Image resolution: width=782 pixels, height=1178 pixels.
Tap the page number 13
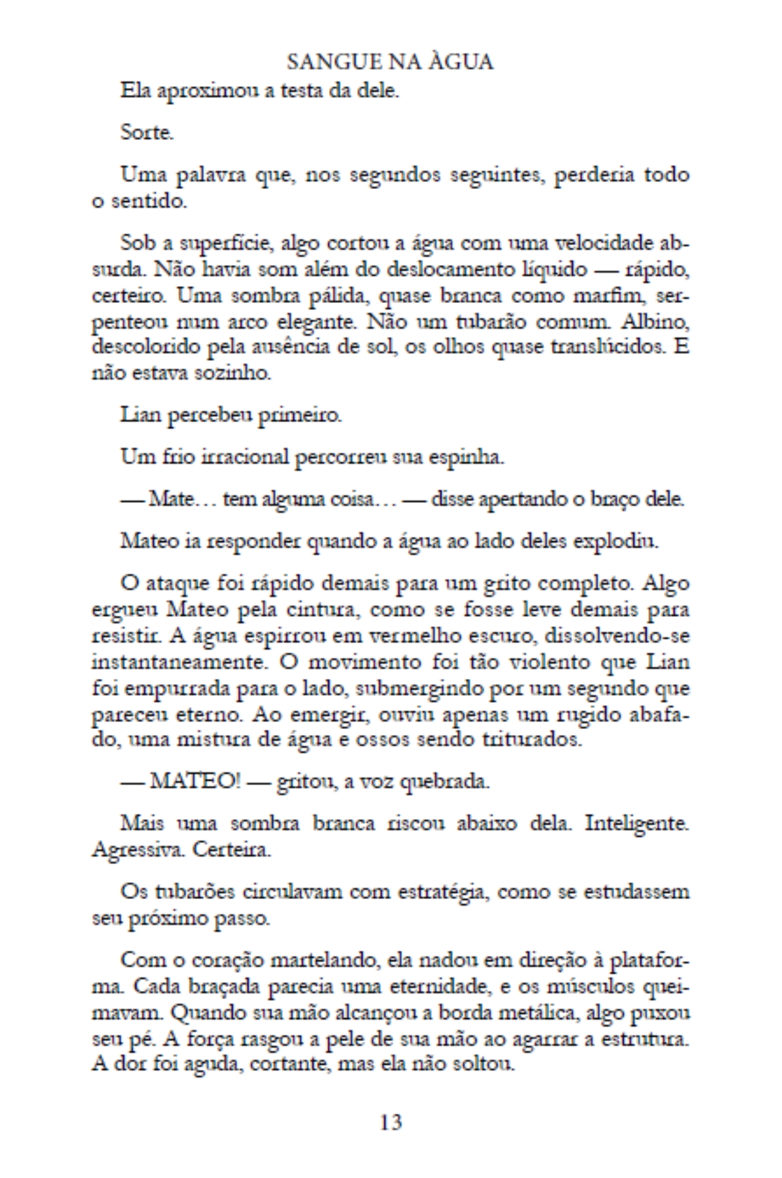click(x=390, y=1122)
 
